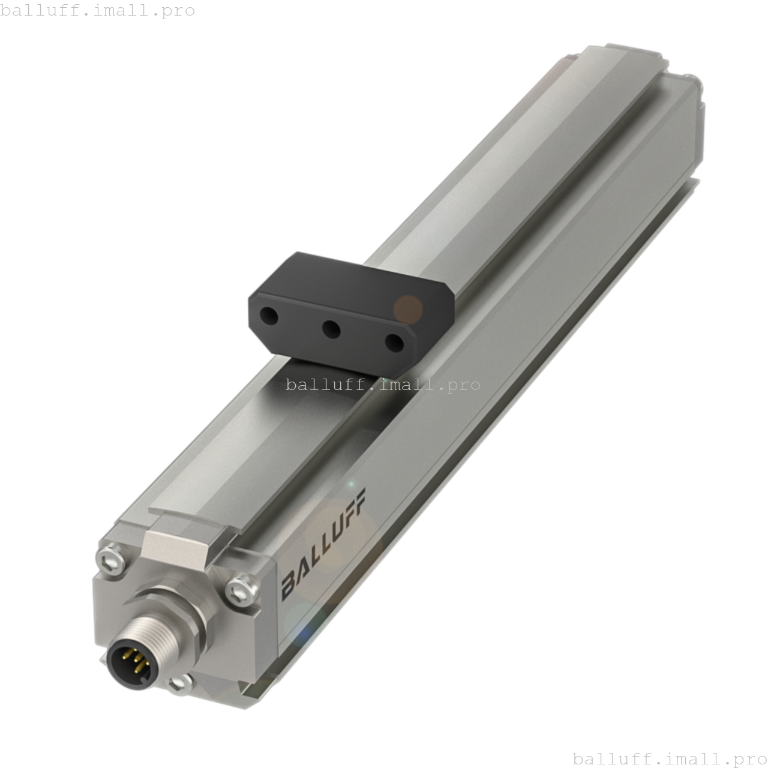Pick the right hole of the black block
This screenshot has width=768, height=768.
tap(394, 343)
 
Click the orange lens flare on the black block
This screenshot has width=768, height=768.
tap(408, 309)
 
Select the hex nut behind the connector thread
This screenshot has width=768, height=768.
tap(174, 618)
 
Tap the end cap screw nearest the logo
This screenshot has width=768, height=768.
tap(242, 589)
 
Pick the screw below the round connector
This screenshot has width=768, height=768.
tap(181, 682)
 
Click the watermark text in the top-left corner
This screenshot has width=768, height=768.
tap(97, 10)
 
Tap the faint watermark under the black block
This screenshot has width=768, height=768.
tap(383, 385)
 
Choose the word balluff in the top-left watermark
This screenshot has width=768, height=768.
tap(36, 10)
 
